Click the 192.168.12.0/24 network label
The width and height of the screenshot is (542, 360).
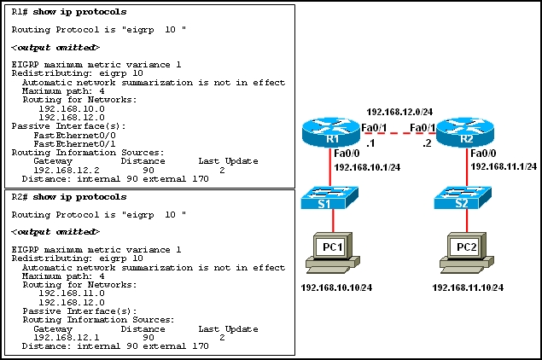pos(399,112)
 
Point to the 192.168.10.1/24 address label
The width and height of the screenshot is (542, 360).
pos(368,167)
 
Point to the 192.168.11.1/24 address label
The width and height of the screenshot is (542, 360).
pos(504,166)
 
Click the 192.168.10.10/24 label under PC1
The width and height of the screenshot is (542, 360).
pos(335,287)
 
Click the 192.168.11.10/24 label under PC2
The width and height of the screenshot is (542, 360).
pos(468,287)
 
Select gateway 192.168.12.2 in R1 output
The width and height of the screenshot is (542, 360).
pos(62,169)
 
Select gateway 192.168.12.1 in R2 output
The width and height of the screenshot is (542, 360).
pos(62,337)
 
